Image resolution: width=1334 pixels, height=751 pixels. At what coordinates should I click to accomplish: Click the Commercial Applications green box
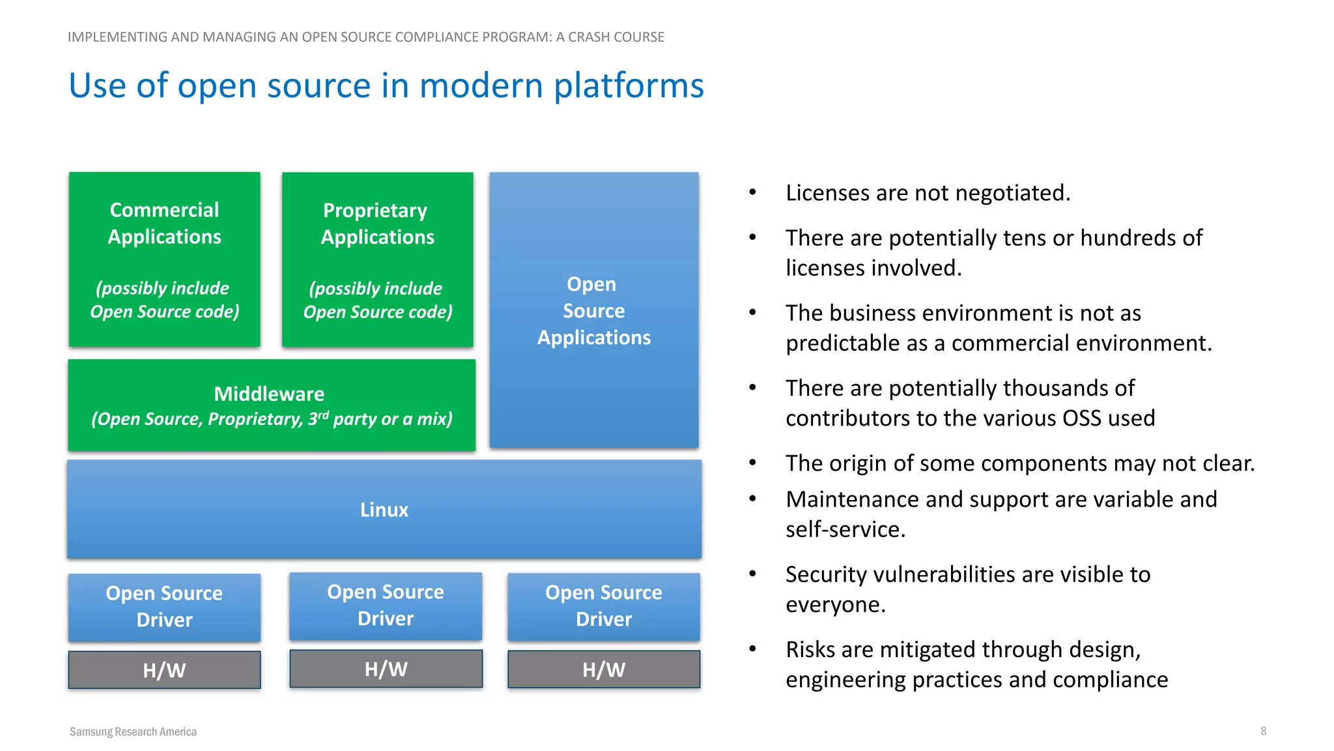tap(164, 259)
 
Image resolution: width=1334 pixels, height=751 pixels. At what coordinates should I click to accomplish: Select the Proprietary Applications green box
tap(377, 259)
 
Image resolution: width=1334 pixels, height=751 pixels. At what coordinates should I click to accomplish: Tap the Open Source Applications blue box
tap(593, 310)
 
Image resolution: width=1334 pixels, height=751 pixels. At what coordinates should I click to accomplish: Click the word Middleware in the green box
tap(269, 394)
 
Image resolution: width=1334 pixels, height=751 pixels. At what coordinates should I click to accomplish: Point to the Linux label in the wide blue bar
tap(384, 510)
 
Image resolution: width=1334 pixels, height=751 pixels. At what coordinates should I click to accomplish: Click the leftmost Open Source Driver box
tap(164, 607)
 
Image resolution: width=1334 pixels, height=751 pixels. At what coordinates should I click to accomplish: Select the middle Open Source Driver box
tap(386, 606)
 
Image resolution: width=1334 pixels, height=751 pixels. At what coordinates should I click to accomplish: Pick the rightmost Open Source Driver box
tap(604, 606)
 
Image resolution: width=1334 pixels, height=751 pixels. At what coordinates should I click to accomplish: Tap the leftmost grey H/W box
tap(164, 670)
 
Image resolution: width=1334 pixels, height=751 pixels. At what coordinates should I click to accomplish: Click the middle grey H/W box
tap(386, 669)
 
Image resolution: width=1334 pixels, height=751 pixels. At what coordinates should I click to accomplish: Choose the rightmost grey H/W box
tap(604, 670)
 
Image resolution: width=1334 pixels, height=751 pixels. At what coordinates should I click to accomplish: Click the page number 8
tap(1263, 731)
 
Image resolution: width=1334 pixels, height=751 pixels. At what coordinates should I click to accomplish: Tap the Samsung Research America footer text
tap(133, 731)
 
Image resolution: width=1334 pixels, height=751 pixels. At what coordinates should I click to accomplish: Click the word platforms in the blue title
tap(629, 86)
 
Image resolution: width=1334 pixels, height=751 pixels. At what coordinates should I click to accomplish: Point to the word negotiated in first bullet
tap(1012, 193)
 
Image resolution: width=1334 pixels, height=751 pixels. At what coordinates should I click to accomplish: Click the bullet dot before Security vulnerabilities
tap(752, 574)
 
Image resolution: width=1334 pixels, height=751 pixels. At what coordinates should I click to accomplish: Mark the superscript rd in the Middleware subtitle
tap(324, 415)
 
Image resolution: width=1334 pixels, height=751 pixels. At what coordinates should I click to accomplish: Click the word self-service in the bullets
tap(845, 529)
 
